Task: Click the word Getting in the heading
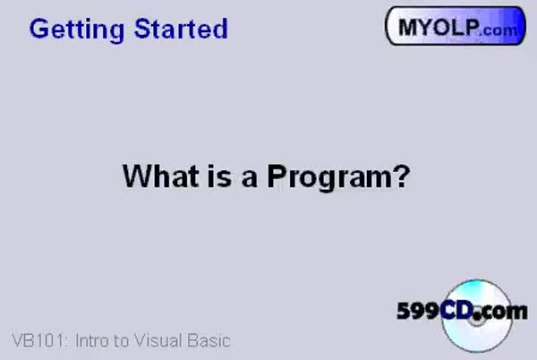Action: pos(77,30)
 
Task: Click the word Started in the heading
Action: pos(181,29)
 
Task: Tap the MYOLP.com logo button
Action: pos(456,26)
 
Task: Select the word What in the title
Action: pos(160,176)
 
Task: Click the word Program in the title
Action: pos(329,177)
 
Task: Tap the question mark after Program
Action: pos(401,176)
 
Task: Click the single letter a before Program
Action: pos(250,179)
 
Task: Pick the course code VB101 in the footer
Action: pos(38,341)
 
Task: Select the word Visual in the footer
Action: pos(158,341)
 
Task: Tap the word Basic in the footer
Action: pos(209,341)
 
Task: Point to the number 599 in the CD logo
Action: pos(418,311)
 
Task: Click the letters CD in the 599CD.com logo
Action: pos(458,311)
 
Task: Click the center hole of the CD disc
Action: pos(476,321)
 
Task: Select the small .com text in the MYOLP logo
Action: pos(499,30)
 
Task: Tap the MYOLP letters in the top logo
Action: pos(439,27)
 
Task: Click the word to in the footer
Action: pos(121,341)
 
